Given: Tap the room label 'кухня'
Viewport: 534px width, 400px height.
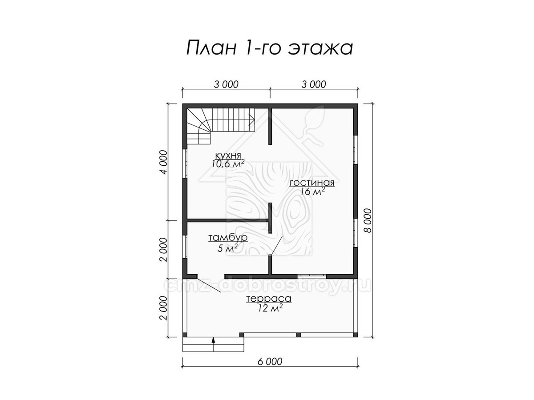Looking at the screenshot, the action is pos(228,155).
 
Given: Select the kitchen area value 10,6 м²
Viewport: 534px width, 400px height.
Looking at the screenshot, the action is pos(228,164).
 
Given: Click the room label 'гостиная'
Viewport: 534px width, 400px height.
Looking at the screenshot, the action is pos(312,183).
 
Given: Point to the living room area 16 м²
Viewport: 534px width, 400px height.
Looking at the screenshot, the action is pos(312,192).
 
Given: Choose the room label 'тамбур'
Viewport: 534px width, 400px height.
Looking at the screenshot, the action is pos(228,238).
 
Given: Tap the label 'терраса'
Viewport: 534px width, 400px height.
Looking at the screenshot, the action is pos(269,299).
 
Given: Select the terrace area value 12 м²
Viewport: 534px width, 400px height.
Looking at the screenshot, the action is pos(269,308).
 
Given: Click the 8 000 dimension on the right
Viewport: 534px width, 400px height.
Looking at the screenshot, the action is pos(369,220).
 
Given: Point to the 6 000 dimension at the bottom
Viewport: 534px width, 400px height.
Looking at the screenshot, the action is pos(270,368).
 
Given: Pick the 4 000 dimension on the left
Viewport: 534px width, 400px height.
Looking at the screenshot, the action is pos(164,162).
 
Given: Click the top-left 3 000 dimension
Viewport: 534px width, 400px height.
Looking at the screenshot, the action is pos(226,84).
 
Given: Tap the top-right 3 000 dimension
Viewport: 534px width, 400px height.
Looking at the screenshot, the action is pos(314,84).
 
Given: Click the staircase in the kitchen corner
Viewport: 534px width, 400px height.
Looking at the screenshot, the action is pos(220,126).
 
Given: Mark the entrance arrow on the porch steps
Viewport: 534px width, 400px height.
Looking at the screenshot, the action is pos(213,344).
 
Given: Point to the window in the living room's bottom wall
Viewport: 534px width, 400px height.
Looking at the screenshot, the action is pos(311,276).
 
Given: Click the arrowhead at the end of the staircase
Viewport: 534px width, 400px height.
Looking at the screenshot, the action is pos(252,120).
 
